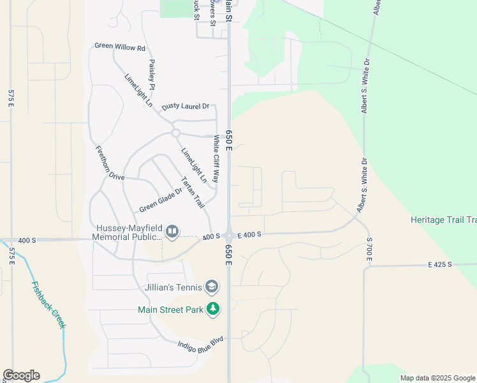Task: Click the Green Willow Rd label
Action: (120, 47)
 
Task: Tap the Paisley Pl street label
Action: (152, 74)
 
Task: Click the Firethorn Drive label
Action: (110, 163)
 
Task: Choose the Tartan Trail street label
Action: (193, 192)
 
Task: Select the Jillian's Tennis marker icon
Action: (212, 287)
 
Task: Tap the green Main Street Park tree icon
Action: (213, 310)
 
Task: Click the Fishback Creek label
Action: (48, 305)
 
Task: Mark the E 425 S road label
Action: (440, 264)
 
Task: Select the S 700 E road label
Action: (369, 248)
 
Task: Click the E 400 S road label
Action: (249, 235)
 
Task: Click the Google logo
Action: (21, 375)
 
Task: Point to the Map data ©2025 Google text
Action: (437, 378)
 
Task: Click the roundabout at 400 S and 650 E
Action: (228, 236)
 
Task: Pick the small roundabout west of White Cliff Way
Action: (175, 133)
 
